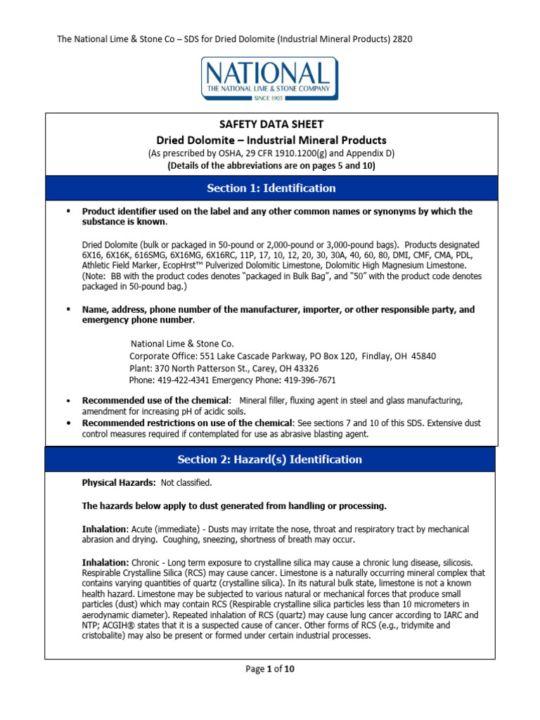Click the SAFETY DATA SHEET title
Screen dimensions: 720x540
coord(270,124)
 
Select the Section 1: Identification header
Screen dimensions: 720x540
coord(270,188)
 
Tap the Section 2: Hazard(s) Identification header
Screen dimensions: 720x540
coord(270,459)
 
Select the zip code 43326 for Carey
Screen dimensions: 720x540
coord(304,368)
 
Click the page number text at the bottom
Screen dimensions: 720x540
coord(270,669)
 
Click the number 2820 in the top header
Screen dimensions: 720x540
coord(400,39)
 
